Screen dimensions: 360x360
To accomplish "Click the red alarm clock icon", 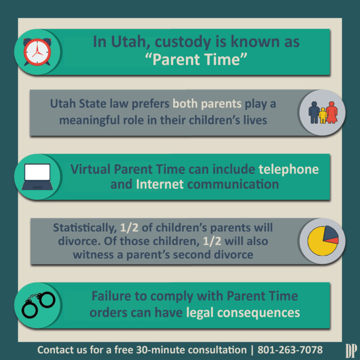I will pos(38,52).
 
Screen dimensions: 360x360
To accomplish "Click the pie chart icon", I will pos(323,241).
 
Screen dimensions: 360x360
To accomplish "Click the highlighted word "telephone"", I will pos(289,169).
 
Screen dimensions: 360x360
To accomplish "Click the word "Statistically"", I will pos(84,228).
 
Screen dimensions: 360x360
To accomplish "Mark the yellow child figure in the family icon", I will pos(323,116).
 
